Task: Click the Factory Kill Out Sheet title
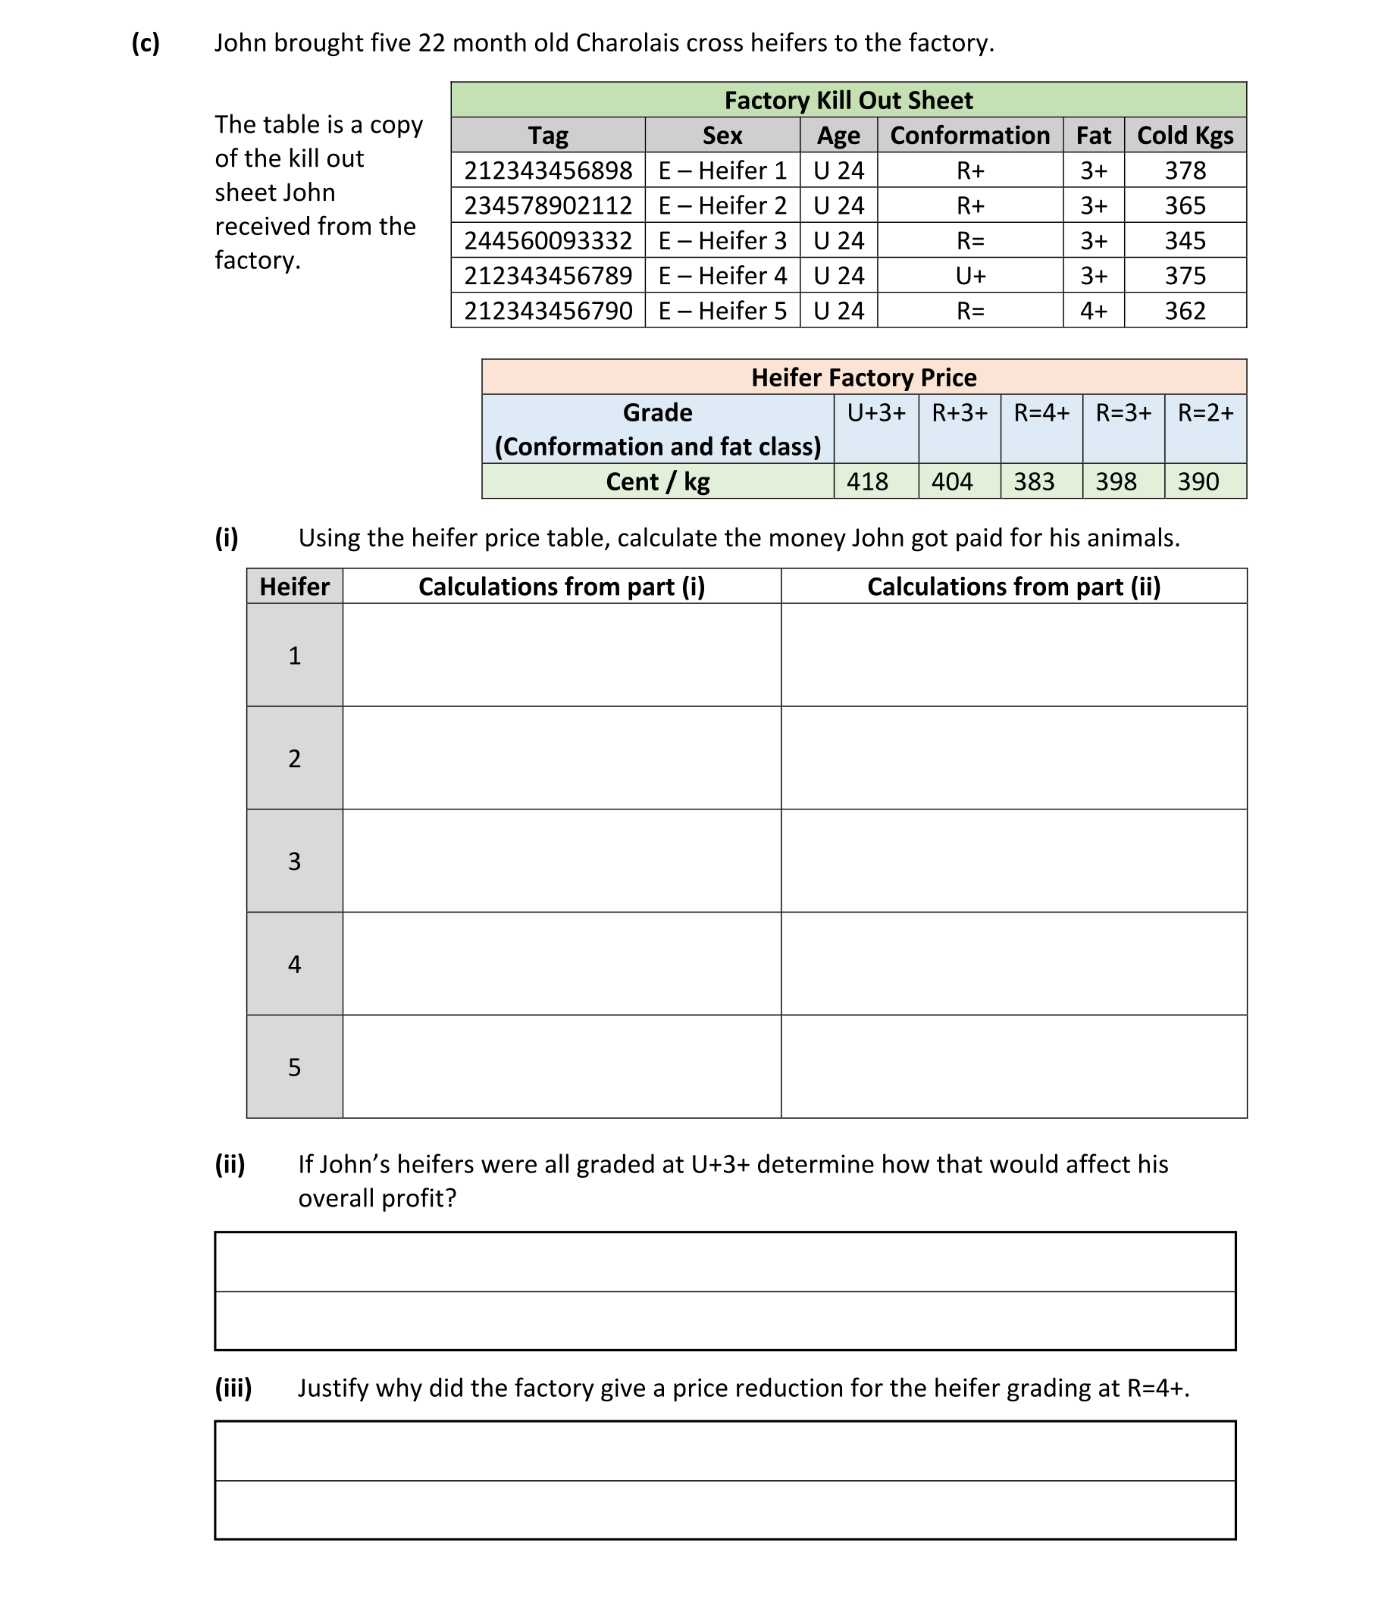[847, 100]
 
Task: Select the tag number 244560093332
[547, 241]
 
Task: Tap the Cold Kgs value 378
[1185, 171]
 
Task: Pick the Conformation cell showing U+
[970, 276]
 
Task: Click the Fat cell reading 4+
[1093, 311]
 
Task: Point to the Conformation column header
[969, 136]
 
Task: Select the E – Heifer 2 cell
[722, 206]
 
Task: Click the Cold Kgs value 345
[1185, 241]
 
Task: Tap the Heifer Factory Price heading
[863, 377]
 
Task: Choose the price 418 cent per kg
[867, 481]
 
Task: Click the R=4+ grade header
[1041, 413]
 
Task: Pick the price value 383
[1034, 481]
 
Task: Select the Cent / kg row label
[657, 481]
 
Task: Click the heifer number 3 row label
[294, 861]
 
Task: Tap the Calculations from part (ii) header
[1013, 587]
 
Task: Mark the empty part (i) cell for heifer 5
[562, 1066]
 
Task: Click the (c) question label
[146, 42]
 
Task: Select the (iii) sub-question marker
[233, 1388]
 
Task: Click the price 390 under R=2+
[1198, 481]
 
